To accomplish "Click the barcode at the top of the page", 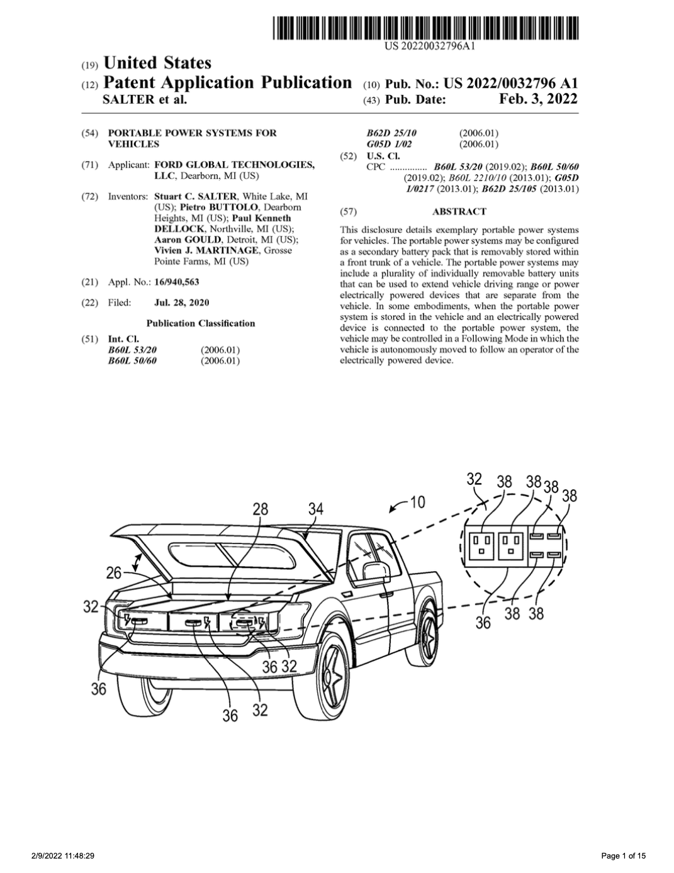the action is click(x=425, y=28).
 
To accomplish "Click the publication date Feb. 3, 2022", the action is click(x=538, y=99).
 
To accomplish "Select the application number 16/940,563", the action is click(x=176, y=282).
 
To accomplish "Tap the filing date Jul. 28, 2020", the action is click(x=182, y=303).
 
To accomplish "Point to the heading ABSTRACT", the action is click(x=459, y=211).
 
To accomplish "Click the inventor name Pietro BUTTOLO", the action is click(x=218, y=208).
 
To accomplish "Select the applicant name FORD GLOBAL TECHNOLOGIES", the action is click(x=235, y=165).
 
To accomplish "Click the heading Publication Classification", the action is click(x=201, y=323).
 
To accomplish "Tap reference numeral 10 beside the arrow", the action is click(x=417, y=502).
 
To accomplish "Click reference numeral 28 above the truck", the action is click(x=261, y=509).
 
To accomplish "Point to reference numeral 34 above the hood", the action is click(x=316, y=509).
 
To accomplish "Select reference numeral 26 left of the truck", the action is click(x=113, y=573).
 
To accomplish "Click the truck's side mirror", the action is click(x=376, y=572).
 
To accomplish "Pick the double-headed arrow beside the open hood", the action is click(x=137, y=562).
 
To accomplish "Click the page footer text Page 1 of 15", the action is click(x=624, y=856).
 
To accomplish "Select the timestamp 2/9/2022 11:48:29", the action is click(x=63, y=856).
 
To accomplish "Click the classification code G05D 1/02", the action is click(x=389, y=144).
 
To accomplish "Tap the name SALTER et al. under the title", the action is click(x=145, y=99).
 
